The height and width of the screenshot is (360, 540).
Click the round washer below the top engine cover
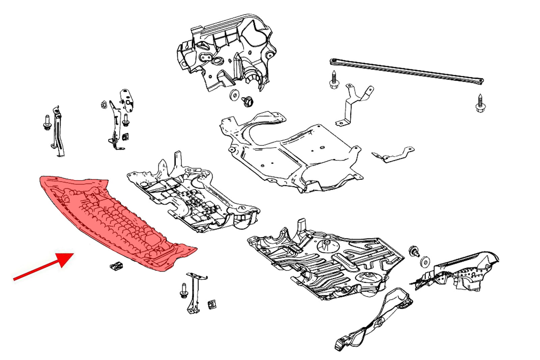pyautogui.click(x=233, y=95)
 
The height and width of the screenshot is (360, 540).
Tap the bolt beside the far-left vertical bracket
pyautogui.click(x=47, y=123)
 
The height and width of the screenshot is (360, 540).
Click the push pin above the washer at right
pyautogui.click(x=413, y=251)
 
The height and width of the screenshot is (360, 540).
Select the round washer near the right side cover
pyautogui.click(x=425, y=262)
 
